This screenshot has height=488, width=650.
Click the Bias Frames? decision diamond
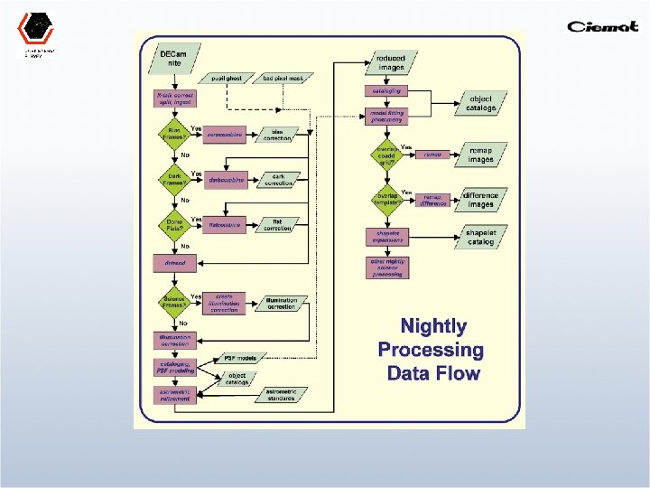coord(173,136)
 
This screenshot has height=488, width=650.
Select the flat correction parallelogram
coord(278,225)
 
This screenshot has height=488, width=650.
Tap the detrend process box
coord(174,263)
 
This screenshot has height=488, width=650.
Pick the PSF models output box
coord(241,358)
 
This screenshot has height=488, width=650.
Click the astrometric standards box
coord(281,394)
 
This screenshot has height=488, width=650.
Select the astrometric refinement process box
coord(174,394)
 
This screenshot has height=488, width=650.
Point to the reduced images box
coord(391,62)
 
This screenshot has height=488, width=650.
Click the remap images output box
coord(480,155)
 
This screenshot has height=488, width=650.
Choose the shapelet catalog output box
coord(480,238)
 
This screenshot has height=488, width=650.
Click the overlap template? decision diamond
coord(386,198)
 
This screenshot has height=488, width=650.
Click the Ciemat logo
coord(602,25)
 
